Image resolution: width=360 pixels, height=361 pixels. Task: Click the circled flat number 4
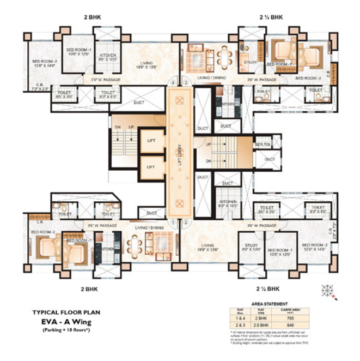(173, 82)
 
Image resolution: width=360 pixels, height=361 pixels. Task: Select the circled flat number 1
(173, 222)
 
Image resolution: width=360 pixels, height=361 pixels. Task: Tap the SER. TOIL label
(263, 144)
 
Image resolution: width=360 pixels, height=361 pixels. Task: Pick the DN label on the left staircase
(118, 127)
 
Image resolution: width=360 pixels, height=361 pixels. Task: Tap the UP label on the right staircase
(209, 145)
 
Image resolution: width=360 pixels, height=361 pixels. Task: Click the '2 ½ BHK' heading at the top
(271, 17)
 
